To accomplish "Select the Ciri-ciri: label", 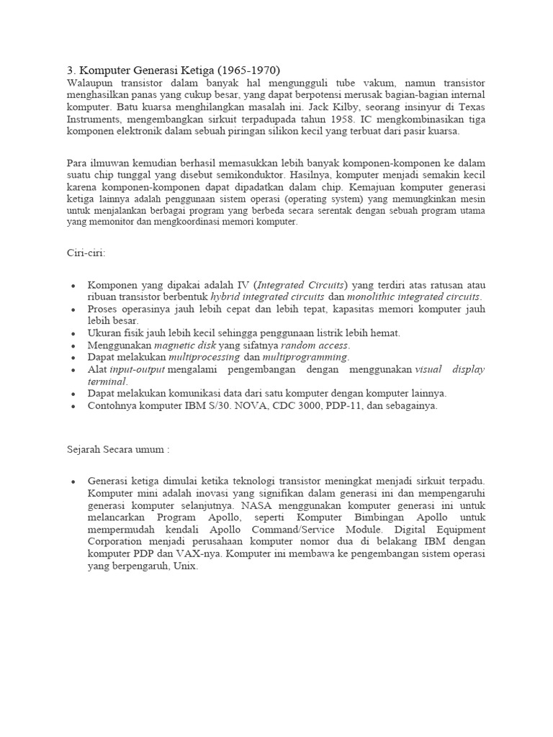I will (x=86, y=252).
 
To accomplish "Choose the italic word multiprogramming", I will (x=305, y=357).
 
